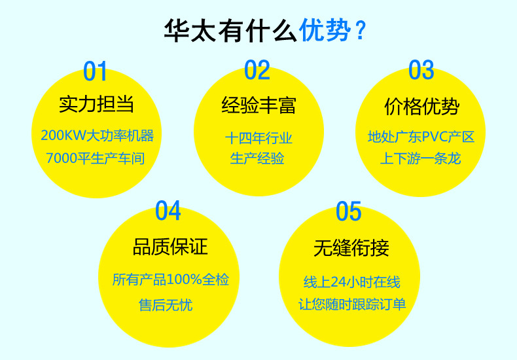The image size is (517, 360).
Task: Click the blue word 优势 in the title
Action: [325, 31]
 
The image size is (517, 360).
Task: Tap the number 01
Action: [95, 71]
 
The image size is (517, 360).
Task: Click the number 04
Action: [168, 211]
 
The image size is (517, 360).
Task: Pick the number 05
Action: [348, 211]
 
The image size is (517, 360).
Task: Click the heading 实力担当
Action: [96, 104]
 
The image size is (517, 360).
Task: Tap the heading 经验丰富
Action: [258, 104]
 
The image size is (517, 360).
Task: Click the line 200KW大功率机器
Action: [97, 135]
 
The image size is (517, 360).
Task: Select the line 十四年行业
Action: [258, 138]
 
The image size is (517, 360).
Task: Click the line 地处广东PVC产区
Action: [421, 137]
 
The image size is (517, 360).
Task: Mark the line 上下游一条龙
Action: [421, 158]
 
